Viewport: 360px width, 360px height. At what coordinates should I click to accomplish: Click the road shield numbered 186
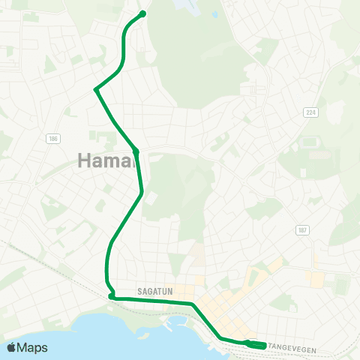pos(52,139)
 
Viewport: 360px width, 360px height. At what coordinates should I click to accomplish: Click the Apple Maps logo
pos(26,347)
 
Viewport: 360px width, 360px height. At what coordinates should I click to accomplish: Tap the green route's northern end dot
pos(142,13)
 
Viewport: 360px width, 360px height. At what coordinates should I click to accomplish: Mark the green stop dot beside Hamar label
pos(136,151)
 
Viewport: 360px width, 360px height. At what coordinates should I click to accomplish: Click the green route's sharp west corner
pos(96,89)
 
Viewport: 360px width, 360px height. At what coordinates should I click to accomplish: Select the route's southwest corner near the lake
pos(111,296)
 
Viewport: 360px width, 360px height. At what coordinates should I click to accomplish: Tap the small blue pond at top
pos(184,6)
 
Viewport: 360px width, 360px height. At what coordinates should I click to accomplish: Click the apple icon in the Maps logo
pos(11,347)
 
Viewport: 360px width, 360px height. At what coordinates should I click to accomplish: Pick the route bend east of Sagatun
pos(193,304)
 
